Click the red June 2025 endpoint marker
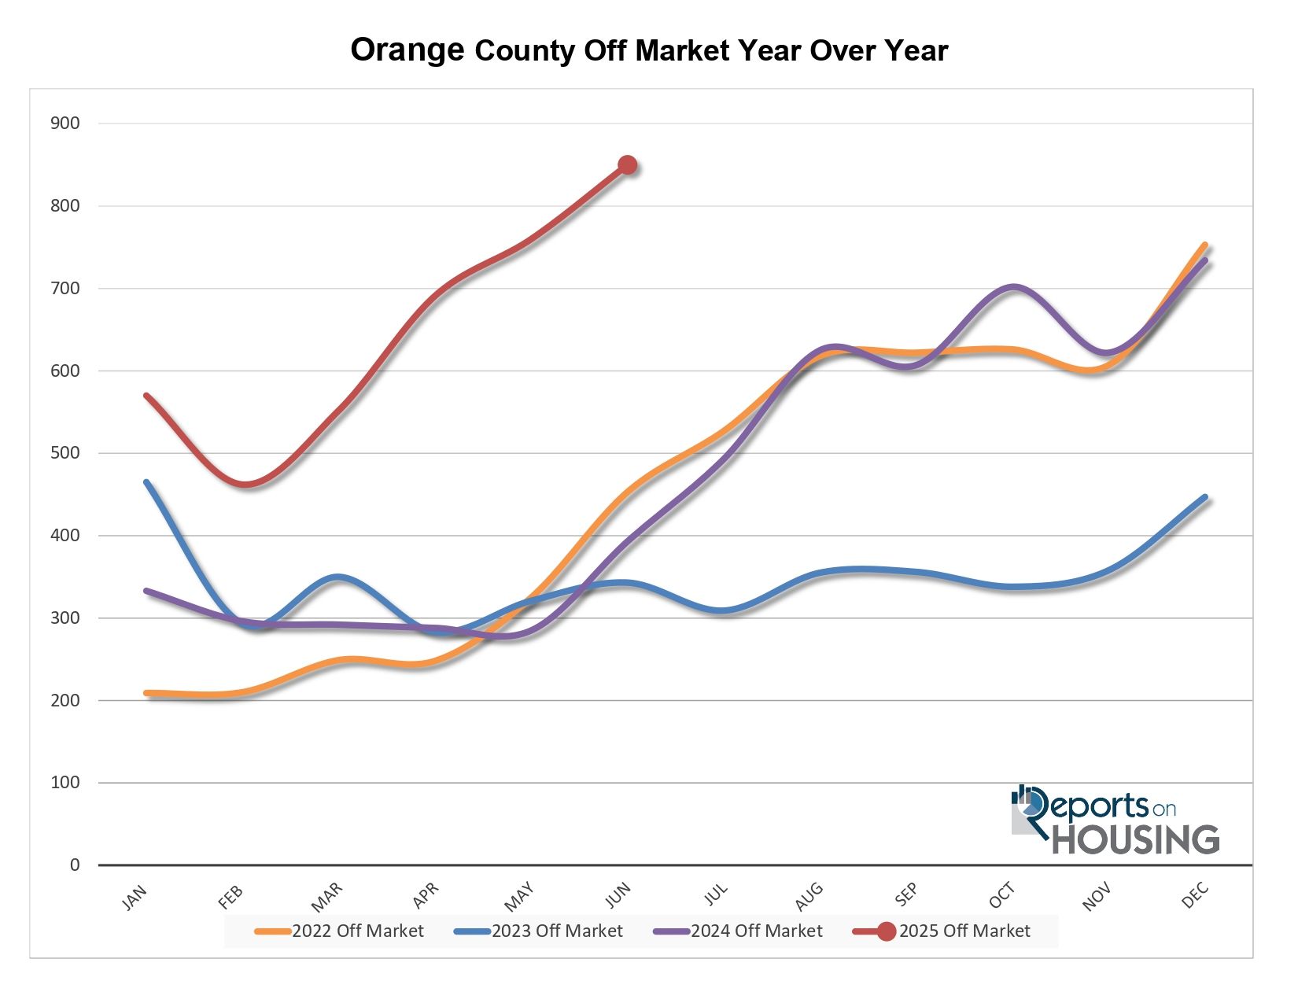pos(627,165)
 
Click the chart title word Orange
pos(407,50)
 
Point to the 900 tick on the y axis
pos(65,124)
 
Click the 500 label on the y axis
pos(65,453)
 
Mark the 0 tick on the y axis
pos(75,865)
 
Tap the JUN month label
pos(618,894)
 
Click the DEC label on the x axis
pos(1194,896)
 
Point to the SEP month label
pos(906,894)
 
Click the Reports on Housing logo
pos(1115,820)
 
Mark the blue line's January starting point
pos(146,481)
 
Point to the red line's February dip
pos(246,484)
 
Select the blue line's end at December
pos(1205,497)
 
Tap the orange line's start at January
pos(147,693)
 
